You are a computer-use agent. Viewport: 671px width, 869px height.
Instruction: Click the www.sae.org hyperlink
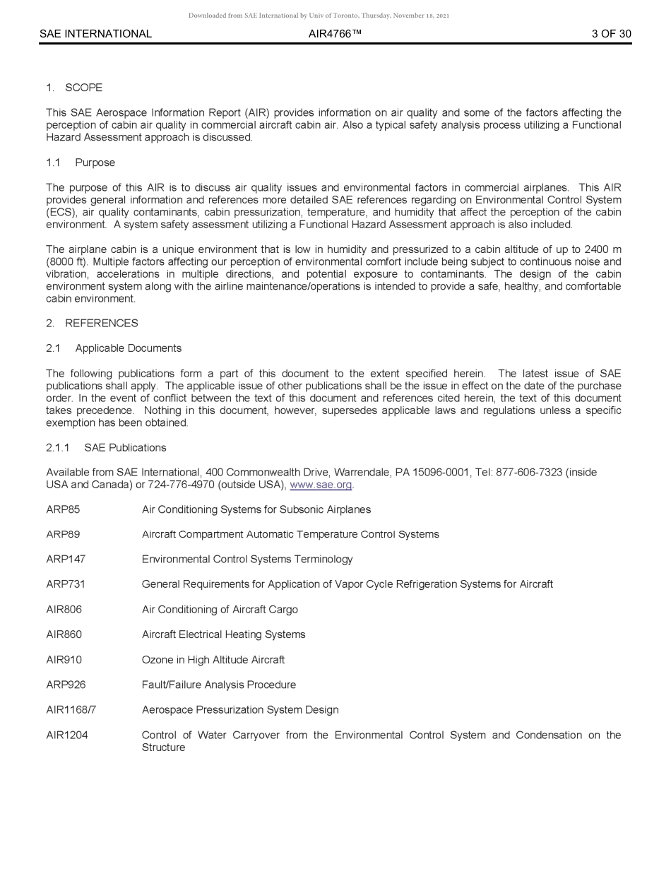pyautogui.click(x=321, y=485)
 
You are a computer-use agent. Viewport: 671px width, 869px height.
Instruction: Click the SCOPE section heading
pyautogui.click(x=83, y=88)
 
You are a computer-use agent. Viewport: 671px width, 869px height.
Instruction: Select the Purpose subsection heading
pyautogui.click(x=95, y=162)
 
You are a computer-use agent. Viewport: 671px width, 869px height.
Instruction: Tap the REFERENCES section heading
pyautogui.click(x=101, y=323)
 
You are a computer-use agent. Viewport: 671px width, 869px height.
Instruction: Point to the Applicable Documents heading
pyautogui.click(x=128, y=348)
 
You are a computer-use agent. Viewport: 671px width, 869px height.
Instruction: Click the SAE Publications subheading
pyautogui.click(x=125, y=447)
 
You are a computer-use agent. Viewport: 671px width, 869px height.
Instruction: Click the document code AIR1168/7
pyautogui.click(x=71, y=709)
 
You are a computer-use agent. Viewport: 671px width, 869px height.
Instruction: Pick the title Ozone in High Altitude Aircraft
pyautogui.click(x=213, y=660)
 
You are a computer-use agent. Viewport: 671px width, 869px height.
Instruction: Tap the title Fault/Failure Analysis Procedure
pyautogui.click(x=218, y=685)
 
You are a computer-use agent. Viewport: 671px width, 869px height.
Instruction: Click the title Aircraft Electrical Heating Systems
pyautogui.click(x=223, y=634)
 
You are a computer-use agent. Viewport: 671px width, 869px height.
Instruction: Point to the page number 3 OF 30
pyautogui.click(x=611, y=34)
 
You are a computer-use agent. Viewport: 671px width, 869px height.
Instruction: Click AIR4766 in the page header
pyautogui.click(x=335, y=34)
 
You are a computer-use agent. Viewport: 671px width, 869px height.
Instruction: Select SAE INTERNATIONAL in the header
pyautogui.click(x=95, y=34)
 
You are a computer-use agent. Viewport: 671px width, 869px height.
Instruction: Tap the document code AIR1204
pyautogui.click(x=67, y=735)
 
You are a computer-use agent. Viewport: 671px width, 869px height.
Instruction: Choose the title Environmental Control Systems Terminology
pyautogui.click(x=247, y=560)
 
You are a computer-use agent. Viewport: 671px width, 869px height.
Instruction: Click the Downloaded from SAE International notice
pyautogui.click(x=319, y=16)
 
